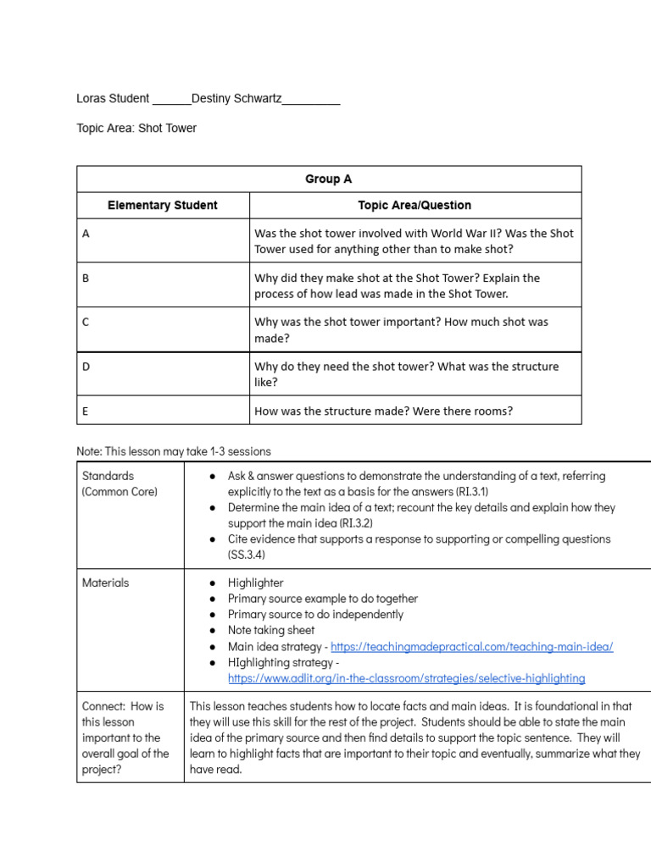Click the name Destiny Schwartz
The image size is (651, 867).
[236, 99]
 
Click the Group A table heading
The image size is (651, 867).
[328, 179]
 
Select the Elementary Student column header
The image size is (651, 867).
[163, 205]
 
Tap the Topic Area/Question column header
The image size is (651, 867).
[415, 205]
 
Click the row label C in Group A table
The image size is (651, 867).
[86, 323]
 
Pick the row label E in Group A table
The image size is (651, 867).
[86, 411]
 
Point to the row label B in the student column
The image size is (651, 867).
[86, 278]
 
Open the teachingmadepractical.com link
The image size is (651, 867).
[471, 646]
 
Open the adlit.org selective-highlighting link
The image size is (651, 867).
[406, 678]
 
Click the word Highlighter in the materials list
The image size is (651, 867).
[255, 583]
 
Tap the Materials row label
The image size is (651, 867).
[106, 583]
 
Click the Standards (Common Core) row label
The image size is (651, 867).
[120, 483]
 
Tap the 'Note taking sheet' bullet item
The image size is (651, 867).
[270, 630]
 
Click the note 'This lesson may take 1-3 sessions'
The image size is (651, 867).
[174, 451]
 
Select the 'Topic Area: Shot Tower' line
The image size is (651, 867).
[136, 129]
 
